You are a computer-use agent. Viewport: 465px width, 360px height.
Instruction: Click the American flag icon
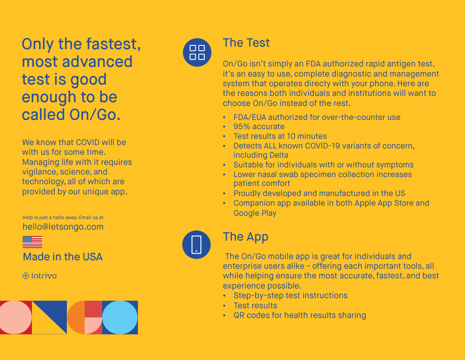32,242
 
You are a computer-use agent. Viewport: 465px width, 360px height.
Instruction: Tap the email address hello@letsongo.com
63,227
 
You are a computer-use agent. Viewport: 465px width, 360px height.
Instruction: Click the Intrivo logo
40,276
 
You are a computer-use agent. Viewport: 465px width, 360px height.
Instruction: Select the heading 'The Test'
246,43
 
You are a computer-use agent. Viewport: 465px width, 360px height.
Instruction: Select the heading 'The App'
246,237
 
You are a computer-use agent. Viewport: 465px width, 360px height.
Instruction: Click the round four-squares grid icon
197,53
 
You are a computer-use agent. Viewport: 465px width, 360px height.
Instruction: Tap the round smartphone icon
196,245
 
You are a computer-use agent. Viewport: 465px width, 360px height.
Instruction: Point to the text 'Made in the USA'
63,257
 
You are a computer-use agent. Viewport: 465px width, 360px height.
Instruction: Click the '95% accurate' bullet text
259,127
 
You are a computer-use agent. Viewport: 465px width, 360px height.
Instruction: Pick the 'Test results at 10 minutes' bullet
280,136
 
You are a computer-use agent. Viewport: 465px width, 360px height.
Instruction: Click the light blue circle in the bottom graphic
120,318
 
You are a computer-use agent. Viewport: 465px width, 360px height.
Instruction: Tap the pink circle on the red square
16,318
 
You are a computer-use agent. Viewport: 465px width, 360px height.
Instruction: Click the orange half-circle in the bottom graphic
77,318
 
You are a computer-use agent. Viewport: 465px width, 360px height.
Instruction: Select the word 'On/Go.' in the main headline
95,115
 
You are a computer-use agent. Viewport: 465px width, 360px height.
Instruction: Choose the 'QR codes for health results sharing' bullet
299,315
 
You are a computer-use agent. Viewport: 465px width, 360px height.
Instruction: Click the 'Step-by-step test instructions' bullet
291,296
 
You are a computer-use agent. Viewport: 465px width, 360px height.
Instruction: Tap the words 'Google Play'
255,213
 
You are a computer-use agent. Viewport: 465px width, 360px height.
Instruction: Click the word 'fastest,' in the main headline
113,44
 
